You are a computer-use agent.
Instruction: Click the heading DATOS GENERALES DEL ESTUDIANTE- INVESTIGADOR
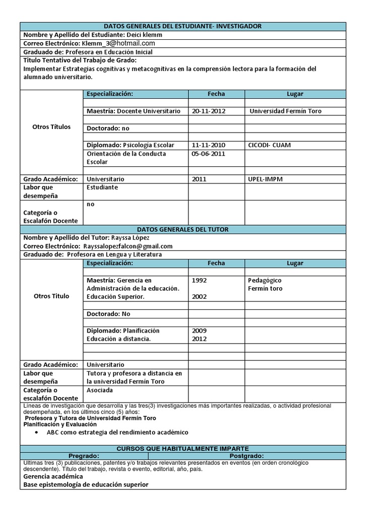182,26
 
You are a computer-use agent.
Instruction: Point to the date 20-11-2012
209,111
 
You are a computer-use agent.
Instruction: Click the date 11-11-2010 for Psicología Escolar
209,145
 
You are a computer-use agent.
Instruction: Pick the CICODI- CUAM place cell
270,145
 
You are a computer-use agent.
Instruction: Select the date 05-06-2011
209,154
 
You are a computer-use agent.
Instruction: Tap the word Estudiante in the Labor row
102,187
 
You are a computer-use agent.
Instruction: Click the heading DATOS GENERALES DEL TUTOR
182,229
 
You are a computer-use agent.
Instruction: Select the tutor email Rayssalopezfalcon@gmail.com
128,246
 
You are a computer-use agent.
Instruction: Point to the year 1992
199,280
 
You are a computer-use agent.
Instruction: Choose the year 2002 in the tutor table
199,297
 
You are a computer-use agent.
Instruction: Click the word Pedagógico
265,280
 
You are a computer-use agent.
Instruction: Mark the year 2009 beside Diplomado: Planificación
199,331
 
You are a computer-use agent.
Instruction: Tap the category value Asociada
100,390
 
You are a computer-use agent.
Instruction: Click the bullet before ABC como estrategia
38,432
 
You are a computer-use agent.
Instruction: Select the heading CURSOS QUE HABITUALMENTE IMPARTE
182,448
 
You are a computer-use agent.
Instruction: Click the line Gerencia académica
53,476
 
